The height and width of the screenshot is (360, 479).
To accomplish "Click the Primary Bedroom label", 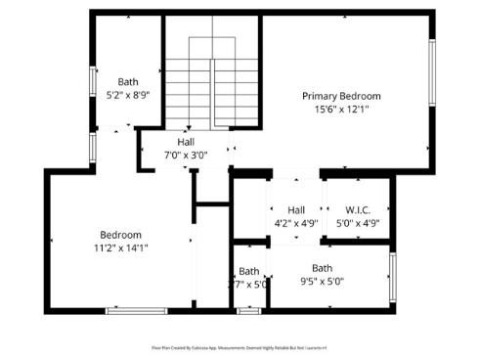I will [341, 96].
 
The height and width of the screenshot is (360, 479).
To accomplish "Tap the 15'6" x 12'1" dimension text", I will [341, 110].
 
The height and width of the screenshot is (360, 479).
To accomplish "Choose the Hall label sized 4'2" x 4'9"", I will [296, 209].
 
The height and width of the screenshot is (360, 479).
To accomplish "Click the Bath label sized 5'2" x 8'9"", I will [128, 82].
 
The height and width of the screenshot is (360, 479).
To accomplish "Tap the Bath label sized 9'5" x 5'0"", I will [322, 268].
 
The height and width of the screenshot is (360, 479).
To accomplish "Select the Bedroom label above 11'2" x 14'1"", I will [121, 235].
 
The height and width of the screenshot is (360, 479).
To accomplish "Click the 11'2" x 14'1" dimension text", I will [121, 248].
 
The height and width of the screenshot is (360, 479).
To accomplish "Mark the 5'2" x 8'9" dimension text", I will [128, 96].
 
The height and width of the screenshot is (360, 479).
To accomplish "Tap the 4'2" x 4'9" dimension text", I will [296, 223].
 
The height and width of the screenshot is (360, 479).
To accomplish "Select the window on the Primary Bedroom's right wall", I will [431, 73].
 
